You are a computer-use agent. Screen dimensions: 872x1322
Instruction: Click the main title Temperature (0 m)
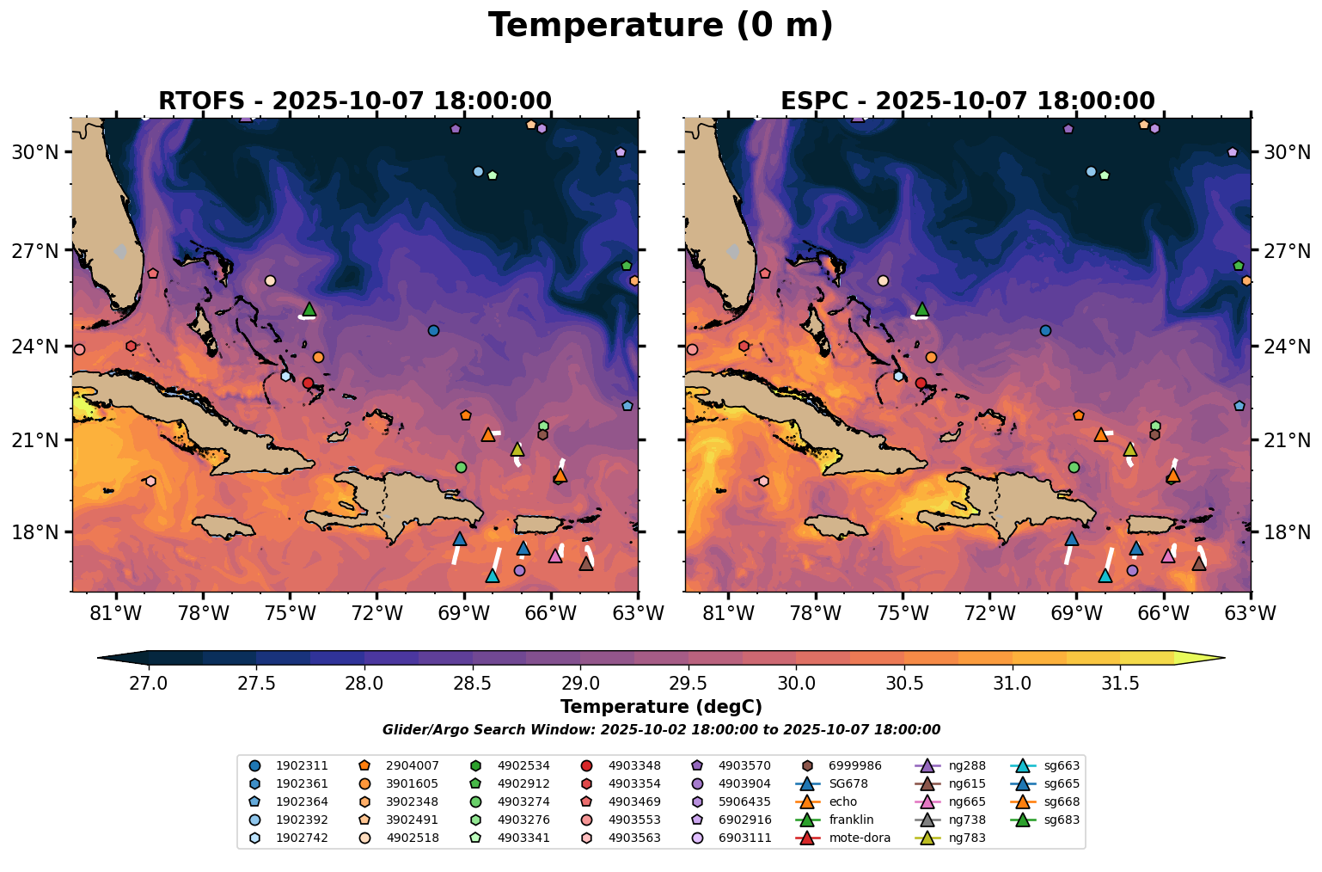[660, 26]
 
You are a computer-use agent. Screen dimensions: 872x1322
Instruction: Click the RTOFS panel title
[354, 101]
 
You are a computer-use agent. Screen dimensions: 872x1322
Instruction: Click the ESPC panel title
[967, 101]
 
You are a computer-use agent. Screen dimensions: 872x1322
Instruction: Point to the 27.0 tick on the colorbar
[150, 684]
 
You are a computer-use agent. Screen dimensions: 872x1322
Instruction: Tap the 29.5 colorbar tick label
[688, 684]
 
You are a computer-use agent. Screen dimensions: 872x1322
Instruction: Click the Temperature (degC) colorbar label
[660, 707]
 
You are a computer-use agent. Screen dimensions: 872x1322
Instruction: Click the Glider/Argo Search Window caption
[660, 730]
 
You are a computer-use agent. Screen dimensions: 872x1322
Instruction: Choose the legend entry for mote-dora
[848, 838]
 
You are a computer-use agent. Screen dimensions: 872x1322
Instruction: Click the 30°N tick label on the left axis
[34, 152]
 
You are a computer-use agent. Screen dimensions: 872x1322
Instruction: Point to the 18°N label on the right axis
[1287, 532]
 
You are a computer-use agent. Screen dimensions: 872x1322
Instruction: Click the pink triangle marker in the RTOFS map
[555, 556]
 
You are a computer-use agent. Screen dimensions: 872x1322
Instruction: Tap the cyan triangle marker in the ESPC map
[1105, 576]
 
